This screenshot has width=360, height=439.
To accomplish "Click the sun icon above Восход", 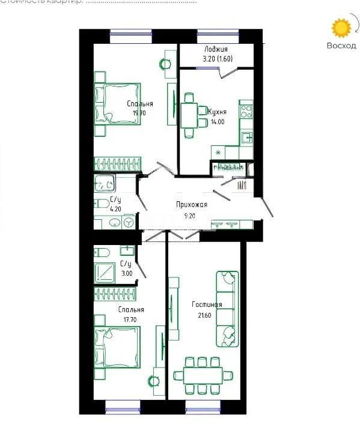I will pos(342,28).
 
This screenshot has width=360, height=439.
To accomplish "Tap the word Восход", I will pos(341,46).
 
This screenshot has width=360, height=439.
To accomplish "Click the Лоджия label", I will pos(216,49).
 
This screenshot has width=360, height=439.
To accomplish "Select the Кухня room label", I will pos(217,112).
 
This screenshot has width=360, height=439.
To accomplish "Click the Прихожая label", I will pos(191,205).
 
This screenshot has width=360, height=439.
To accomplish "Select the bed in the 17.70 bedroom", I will pos(117,347).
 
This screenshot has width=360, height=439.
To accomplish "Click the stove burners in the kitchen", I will pos(246,111).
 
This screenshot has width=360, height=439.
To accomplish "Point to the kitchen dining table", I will pos(189,115).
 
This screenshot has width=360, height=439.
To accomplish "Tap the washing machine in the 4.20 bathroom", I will pos(128,222).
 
